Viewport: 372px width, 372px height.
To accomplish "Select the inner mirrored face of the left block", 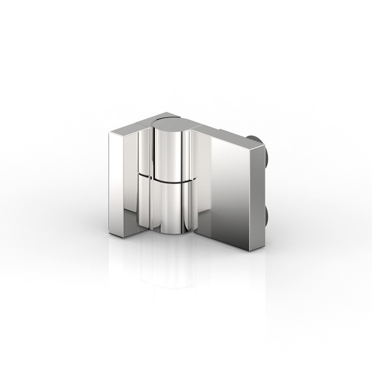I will (131, 181).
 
